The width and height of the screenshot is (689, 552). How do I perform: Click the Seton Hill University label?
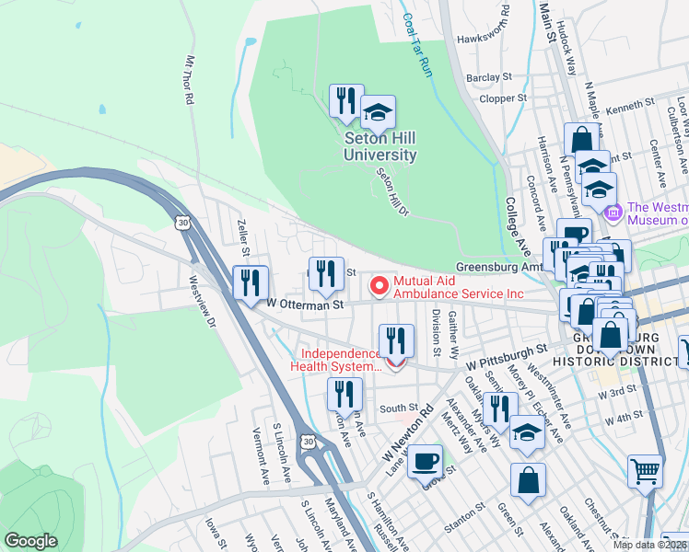coord(380,146)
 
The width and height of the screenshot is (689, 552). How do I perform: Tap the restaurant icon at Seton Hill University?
coord(346,101)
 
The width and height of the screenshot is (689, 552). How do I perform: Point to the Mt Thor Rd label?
coord(191,79)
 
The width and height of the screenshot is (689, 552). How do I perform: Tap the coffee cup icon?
coord(424,462)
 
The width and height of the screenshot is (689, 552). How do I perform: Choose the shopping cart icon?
coord(645,471)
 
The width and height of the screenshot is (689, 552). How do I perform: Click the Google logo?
coord(30,541)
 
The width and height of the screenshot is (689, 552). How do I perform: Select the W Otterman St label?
coord(305,304)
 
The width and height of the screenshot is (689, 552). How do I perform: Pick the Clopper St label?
coord(503,98)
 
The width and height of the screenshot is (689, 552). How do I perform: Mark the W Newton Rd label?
coord(406,438)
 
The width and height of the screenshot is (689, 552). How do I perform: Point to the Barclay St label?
coord(488,77)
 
